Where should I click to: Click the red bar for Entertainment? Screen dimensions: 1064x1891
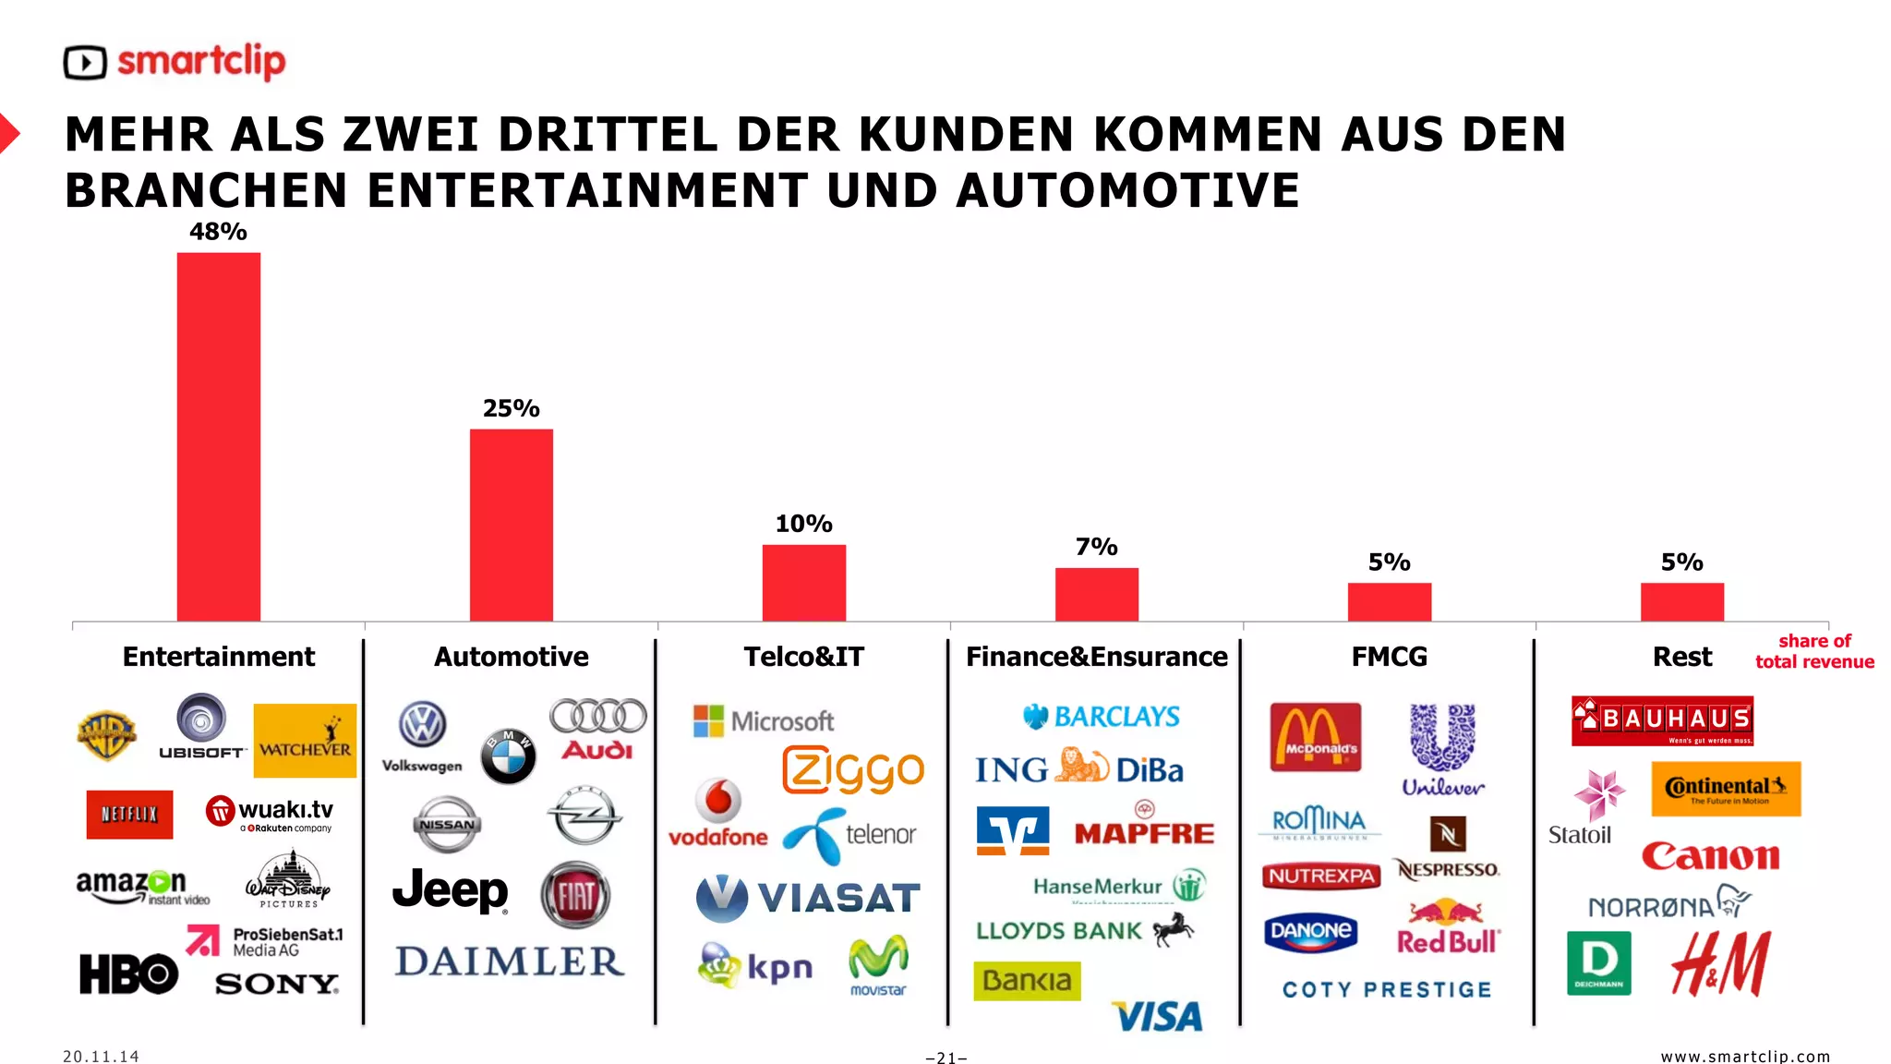click(219, 436)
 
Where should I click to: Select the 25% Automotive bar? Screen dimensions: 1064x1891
click(511, 525)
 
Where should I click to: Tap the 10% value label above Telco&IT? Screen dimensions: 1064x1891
click(803, 524)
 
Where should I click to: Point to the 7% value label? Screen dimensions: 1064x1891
click(1096, 547)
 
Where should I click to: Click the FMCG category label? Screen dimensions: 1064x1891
click(1389, 657)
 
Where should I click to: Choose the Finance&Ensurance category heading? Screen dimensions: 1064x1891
click(1096, 657)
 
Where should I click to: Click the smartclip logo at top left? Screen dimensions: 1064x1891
click(175, 62)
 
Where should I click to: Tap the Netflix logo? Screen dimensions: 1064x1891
click(129, 814)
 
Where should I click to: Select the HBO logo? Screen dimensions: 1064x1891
click(128, 973)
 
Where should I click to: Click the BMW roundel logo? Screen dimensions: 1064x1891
click(508, 756)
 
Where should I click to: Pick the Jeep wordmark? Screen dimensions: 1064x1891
click(451, 890)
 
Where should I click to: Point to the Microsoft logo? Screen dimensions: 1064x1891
click(764, 720)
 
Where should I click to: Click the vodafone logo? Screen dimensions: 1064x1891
click(718, 814)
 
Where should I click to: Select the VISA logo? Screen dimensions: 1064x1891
click(1158, 1016)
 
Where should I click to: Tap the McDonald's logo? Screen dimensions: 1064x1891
click(1315, 737)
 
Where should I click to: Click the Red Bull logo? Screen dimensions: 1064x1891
click(1447, 927)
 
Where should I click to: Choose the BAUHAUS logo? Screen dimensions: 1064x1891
click(1662, 720)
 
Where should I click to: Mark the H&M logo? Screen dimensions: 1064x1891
click(1720, 964)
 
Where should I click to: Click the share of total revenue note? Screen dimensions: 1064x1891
click(1814, 651)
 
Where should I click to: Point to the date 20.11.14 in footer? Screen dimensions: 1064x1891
click(102, 1056)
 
